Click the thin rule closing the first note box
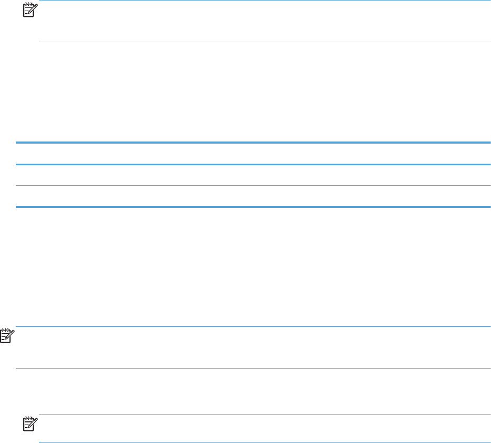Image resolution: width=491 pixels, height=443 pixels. [x=264, y=42]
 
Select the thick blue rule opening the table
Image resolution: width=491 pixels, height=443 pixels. [x=253, y=143]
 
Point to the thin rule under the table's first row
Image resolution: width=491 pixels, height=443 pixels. [x=253, y=165]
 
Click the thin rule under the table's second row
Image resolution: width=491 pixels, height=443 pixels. [x=253, y=185]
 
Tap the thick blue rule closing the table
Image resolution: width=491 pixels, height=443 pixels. [x=253, y=207]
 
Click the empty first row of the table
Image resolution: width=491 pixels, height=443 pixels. [x=253, y=154]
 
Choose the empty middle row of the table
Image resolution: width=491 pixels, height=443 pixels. [x=253, y=175]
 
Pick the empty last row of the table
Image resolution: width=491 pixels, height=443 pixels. [x=253, y=196]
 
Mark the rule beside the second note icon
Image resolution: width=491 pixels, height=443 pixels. [x=253, y=327]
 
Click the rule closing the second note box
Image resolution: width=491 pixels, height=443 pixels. [x=253, y=369]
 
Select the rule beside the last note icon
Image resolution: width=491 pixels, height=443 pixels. [x=264, y=415]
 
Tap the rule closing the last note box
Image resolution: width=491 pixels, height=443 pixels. [x=264, y=442]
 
